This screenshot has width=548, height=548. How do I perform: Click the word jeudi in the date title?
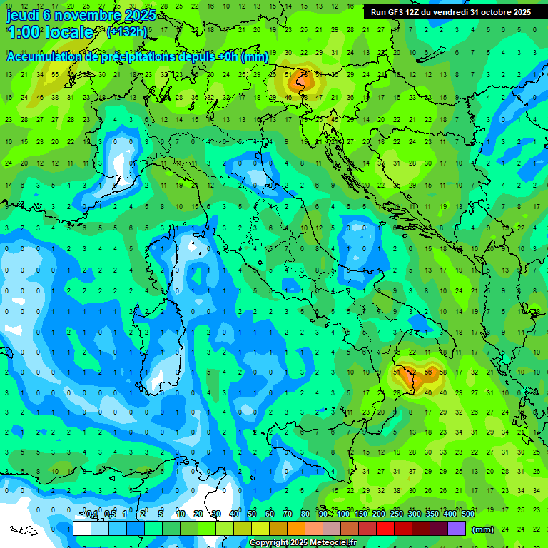23,15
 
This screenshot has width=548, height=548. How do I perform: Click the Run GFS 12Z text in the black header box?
395,12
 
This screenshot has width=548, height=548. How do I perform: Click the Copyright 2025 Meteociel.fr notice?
303,543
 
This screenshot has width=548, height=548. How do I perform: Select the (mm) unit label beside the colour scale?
482,529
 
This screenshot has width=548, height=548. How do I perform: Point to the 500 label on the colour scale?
467,514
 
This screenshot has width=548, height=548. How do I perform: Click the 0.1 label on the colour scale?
92,514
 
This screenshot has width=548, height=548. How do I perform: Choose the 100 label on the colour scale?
344,514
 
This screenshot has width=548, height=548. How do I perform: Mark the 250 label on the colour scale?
396,514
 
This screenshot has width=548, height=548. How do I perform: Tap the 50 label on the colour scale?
252,514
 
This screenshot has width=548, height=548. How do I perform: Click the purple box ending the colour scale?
457,529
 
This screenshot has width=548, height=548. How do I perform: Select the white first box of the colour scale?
82,529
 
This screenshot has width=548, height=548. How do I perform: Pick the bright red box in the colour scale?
385,529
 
